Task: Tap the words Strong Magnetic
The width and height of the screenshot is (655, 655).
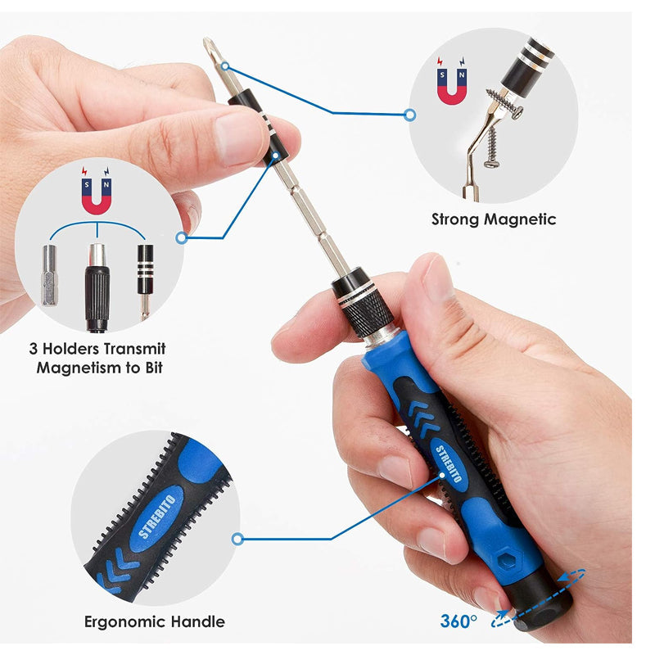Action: click(494, 219)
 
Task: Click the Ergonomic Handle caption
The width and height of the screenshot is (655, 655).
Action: click(155, 621)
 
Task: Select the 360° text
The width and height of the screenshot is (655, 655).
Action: click(458, 621)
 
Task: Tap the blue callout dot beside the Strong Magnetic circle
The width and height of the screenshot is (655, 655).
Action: click(410, 115)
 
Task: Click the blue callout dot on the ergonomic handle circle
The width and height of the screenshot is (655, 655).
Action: click(237, 539)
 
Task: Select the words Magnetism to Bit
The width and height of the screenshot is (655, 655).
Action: click(99, 367)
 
